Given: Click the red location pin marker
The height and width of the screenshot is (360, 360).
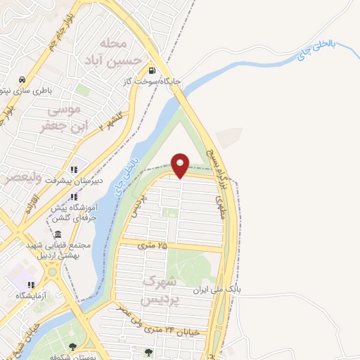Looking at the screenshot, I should (181, 165).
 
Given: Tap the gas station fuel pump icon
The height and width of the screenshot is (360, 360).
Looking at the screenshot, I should (152, 70).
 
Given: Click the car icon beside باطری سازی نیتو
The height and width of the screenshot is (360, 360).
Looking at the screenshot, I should (23, 79).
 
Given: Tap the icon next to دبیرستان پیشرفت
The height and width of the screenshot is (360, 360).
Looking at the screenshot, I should (73, 169).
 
